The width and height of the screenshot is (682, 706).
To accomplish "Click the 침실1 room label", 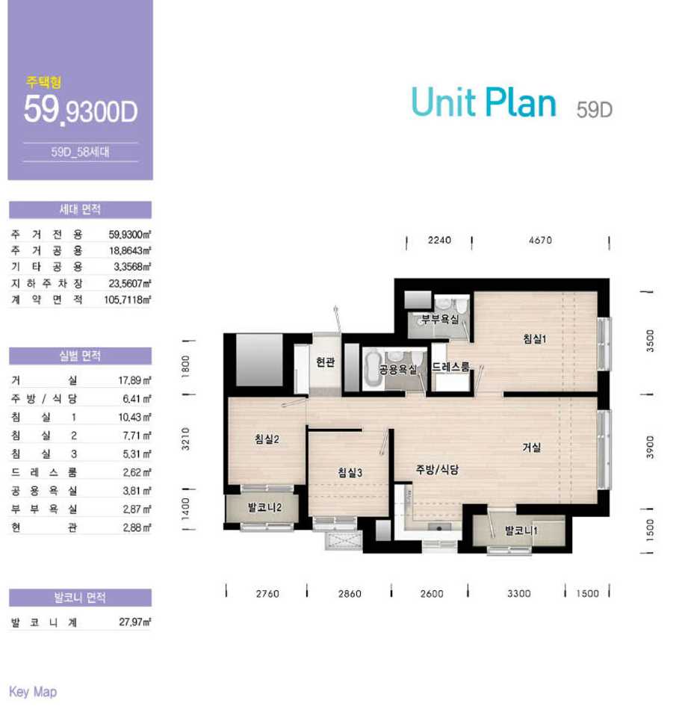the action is (x=534, y=338).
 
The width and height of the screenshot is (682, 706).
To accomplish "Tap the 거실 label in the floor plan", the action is (x=531, y=447).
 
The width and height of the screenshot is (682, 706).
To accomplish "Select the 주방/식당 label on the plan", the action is (x=437, y=470).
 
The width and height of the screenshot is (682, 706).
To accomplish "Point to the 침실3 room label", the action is (x=350, y=472).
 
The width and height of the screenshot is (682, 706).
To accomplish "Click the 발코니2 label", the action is (x=264, y=507).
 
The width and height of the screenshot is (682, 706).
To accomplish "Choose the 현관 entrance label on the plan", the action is (x=325, y=362).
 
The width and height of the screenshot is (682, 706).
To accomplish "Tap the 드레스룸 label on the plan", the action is (x=450, y=367).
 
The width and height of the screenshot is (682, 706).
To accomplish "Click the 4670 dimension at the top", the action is (x=540, y=240).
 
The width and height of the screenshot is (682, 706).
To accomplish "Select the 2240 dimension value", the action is (x=439, y=240).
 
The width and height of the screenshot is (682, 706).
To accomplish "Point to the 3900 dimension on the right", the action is (x=650, y=447).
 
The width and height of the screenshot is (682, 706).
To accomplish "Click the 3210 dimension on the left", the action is (x=185, y=439).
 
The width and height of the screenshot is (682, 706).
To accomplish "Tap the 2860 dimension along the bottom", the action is (x=350, y=593).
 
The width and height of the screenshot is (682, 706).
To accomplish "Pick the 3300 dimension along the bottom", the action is (x=518, y=593).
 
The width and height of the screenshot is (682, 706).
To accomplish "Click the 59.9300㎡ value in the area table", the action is (x=130, y=234).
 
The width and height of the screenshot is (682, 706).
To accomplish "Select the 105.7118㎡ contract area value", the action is (x=128, y=300).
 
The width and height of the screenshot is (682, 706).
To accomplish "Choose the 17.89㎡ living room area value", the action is (x=134, y=380).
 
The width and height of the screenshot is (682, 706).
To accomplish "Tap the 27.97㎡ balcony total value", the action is (x=135, y=622).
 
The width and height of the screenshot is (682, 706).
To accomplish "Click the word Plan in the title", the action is (x=521, y=102).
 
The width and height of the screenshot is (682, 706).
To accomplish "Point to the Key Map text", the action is (x=33, y=692).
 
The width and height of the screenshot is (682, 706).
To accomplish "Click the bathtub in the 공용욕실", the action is (x=373, y=369).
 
